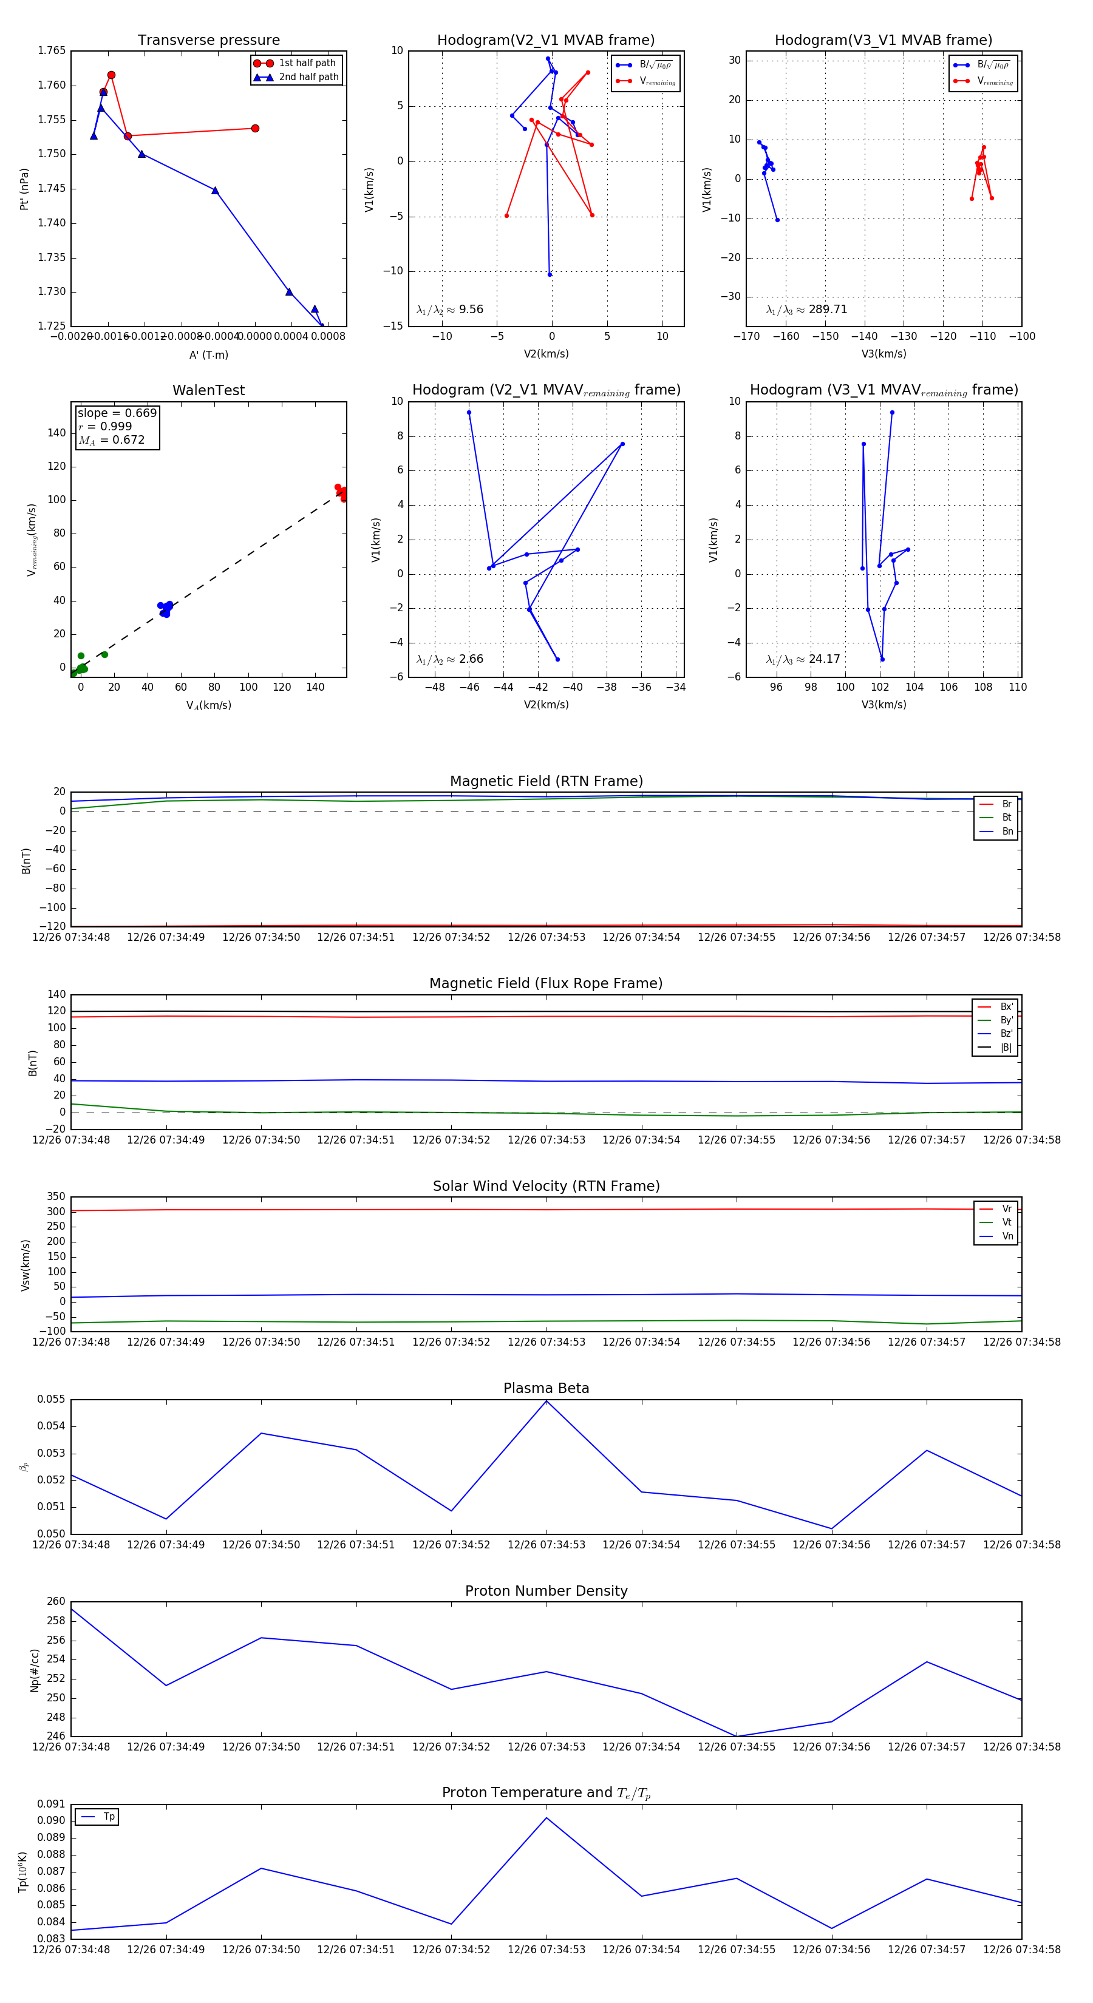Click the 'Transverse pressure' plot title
208,41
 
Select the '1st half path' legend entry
307,63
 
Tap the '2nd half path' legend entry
308,77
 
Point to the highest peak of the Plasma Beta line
546,1401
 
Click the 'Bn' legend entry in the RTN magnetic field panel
1007,831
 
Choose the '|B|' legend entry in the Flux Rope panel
1005,1048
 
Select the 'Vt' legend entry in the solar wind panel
1006,1222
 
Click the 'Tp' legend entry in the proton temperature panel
108,1817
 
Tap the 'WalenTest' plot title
208,390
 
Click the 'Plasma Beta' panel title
546,1388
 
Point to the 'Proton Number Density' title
546,1591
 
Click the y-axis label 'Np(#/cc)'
34,1669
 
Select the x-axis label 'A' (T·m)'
208,354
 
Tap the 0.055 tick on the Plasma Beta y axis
52,1400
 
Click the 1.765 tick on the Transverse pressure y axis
52,50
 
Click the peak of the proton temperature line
546,1818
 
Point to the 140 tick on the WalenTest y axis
57,433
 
